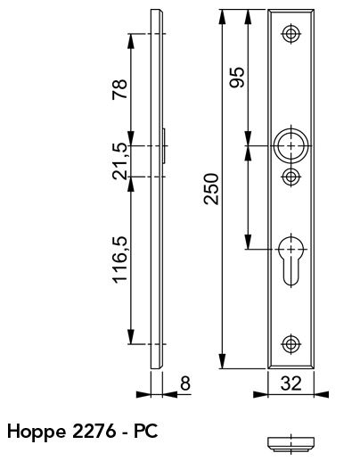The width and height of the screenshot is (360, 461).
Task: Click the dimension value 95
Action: point(237,78)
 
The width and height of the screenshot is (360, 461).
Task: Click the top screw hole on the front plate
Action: point(290,33)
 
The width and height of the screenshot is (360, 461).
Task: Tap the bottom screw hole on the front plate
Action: point(290,343)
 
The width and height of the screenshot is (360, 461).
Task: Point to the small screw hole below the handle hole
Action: point(290,177)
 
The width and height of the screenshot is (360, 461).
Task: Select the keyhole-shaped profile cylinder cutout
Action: point(290,259)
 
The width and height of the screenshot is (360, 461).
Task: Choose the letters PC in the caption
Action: point(147,432)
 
